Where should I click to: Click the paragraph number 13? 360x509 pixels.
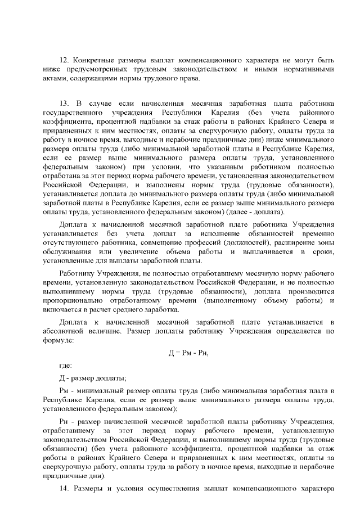click(63, 103)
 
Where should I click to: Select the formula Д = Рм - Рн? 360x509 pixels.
click(192, 353)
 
